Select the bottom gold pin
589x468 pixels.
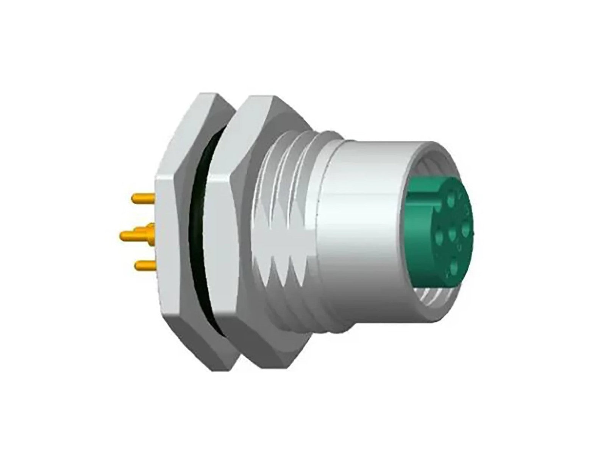click(x=145, y=266)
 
